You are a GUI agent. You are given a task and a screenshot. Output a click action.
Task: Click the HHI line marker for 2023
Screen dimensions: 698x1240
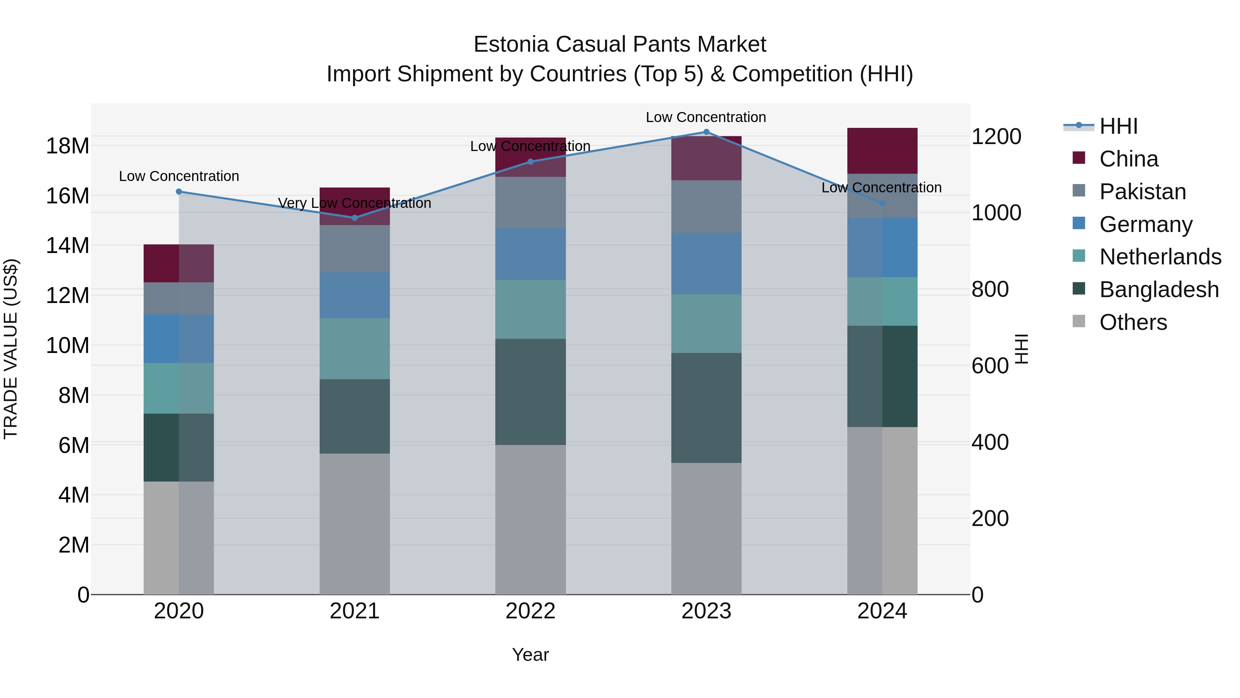pos(706,132)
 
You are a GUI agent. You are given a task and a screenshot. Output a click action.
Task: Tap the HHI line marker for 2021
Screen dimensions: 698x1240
pos(355,218)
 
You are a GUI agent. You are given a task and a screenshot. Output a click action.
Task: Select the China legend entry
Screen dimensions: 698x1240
pos(1128,159)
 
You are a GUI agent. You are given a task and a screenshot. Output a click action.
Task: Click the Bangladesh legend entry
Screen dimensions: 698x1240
pos(1159,290)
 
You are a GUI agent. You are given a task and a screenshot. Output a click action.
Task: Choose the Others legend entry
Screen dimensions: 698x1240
pos(1133,322)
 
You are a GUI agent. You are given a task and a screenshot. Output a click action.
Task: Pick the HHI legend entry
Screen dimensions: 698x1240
pos(1118,126)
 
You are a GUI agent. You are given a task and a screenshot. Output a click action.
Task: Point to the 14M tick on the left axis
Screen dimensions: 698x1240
pos(68,246)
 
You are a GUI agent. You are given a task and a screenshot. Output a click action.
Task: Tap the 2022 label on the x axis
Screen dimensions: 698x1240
pos(530,611)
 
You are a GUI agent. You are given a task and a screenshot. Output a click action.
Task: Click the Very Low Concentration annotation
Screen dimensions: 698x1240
pos(355,203)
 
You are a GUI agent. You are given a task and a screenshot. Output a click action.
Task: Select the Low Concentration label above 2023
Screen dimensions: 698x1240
pos(706,117)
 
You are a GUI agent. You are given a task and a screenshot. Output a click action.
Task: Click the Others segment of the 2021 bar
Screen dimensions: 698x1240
pos(355,524)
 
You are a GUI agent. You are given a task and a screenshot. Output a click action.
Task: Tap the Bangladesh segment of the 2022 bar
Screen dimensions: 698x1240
pos(530,392)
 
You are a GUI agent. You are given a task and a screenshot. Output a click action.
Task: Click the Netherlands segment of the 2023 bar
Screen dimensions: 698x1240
pos(706,324)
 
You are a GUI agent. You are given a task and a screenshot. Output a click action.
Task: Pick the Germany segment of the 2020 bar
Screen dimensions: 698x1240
pos(178,338)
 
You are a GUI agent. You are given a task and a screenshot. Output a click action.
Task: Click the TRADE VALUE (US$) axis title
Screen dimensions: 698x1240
pos(11,349)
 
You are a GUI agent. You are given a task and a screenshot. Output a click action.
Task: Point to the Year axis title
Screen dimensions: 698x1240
pos(530,655)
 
